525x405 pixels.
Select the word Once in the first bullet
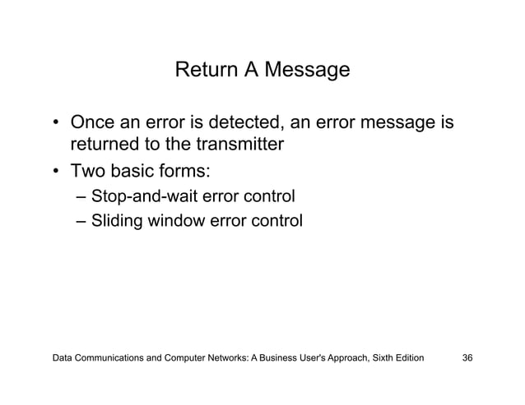91,126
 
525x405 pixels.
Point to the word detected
248,126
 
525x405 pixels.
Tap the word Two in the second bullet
86,173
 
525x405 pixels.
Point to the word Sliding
117,220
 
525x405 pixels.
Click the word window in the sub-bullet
174,220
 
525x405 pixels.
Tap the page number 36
467,359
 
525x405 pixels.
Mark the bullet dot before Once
56,127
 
